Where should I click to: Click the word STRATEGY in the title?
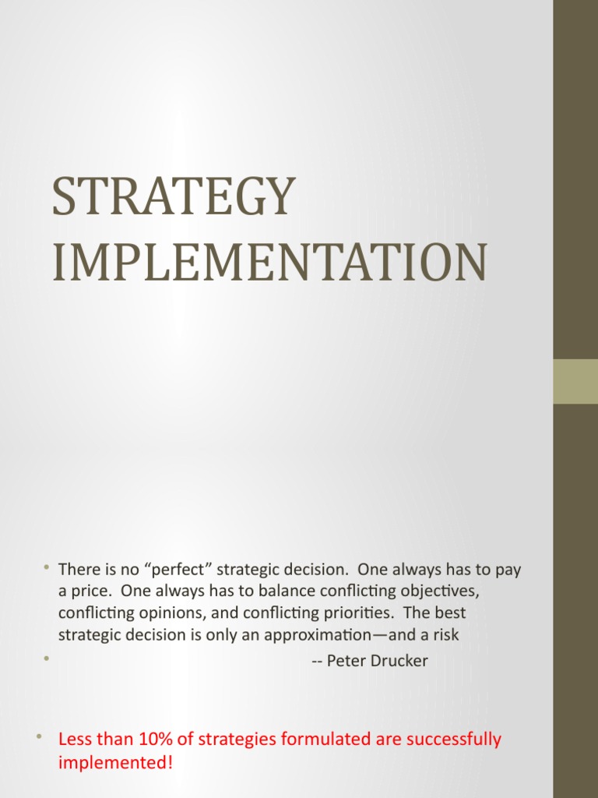click(174, 197)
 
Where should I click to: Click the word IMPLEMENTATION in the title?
click(269, 263)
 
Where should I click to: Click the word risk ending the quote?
click(445, 635)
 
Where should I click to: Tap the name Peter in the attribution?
click(347, 662)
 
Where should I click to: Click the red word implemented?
click(115, 762)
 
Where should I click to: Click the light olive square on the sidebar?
click(575, 381)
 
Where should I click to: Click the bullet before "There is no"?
click(46, 567)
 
